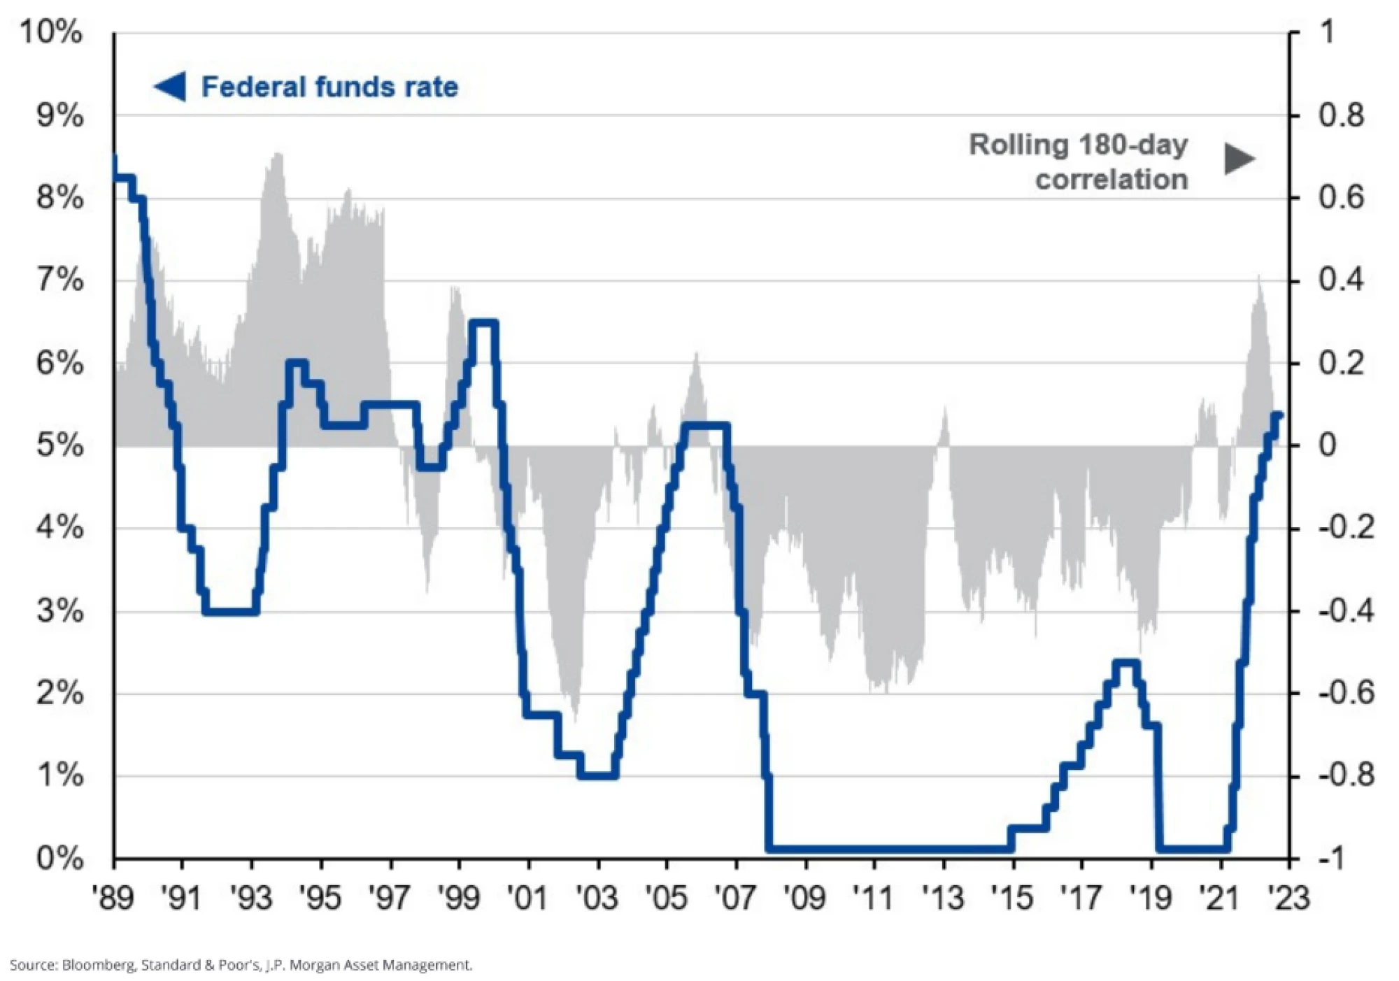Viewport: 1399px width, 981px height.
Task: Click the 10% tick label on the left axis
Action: click(x=51, y=33)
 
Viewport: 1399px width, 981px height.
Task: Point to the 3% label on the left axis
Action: click(x=60, y=611)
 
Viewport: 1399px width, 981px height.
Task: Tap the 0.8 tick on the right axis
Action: click(x=1341, y=115)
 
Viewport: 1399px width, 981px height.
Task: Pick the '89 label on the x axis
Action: click(x=113, y=898)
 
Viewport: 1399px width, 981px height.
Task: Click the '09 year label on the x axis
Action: click(x=805, y=898)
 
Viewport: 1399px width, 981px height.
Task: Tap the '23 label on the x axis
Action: click(x=1289, y=898)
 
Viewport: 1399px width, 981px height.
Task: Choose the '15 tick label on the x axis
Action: click(x=1012, y=898)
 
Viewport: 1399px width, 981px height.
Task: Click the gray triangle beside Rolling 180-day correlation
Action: click(x=1239, y=159)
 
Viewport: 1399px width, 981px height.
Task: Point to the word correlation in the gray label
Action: click(x=1112, y=180)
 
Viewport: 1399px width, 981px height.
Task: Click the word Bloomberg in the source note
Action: click(x=99, y=966)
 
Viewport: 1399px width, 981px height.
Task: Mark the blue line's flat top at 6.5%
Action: click(x=483, y=322)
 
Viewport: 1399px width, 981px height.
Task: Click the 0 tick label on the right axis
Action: click(x=1327, y=445)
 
